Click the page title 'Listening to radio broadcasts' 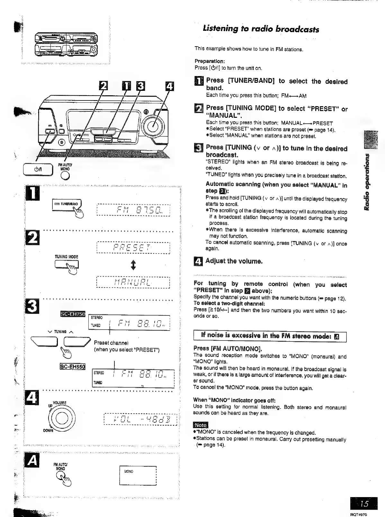[261, 29]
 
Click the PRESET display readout [133, 248]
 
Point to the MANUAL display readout [133, 283]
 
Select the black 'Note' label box [201, 425]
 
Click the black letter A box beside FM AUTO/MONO [32, 461]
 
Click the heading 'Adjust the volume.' [234, 261]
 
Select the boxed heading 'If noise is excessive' [269, 336]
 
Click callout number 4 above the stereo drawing [169, 86]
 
